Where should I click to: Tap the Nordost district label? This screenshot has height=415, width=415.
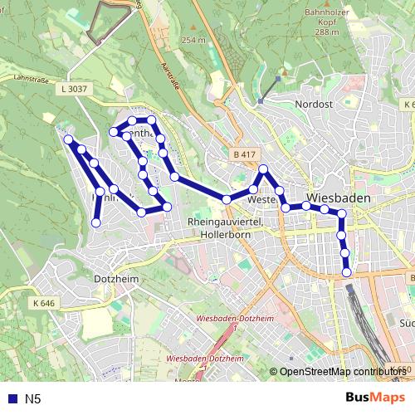click(313, 104)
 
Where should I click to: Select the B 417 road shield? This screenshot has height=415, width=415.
click(245, 154)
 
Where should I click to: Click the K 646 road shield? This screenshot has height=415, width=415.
click(44, 304)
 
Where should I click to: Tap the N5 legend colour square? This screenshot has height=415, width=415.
click(11, 399)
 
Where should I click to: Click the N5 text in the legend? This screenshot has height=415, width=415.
click(32, 399)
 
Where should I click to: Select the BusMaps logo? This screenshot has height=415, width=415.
click(376, 398)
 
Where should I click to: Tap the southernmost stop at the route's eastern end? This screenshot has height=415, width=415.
click(346, 271)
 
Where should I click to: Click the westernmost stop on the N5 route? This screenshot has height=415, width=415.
click(68, 139)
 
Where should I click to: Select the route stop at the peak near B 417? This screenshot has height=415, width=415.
click(263, 170)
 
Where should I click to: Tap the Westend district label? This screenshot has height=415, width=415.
click(261, 200)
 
